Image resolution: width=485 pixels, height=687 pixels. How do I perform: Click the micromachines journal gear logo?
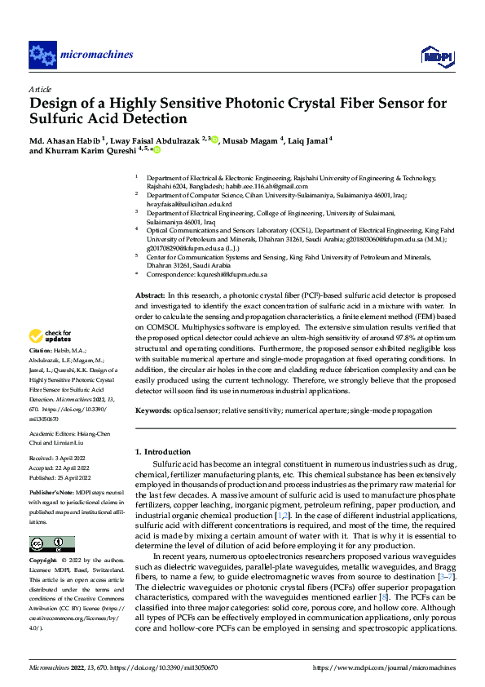coord(42,55)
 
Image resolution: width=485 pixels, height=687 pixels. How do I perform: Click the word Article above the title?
coord(40,88)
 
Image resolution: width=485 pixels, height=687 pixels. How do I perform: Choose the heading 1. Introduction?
coord(161,451)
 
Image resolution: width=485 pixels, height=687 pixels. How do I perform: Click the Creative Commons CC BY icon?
coord(51,544)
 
